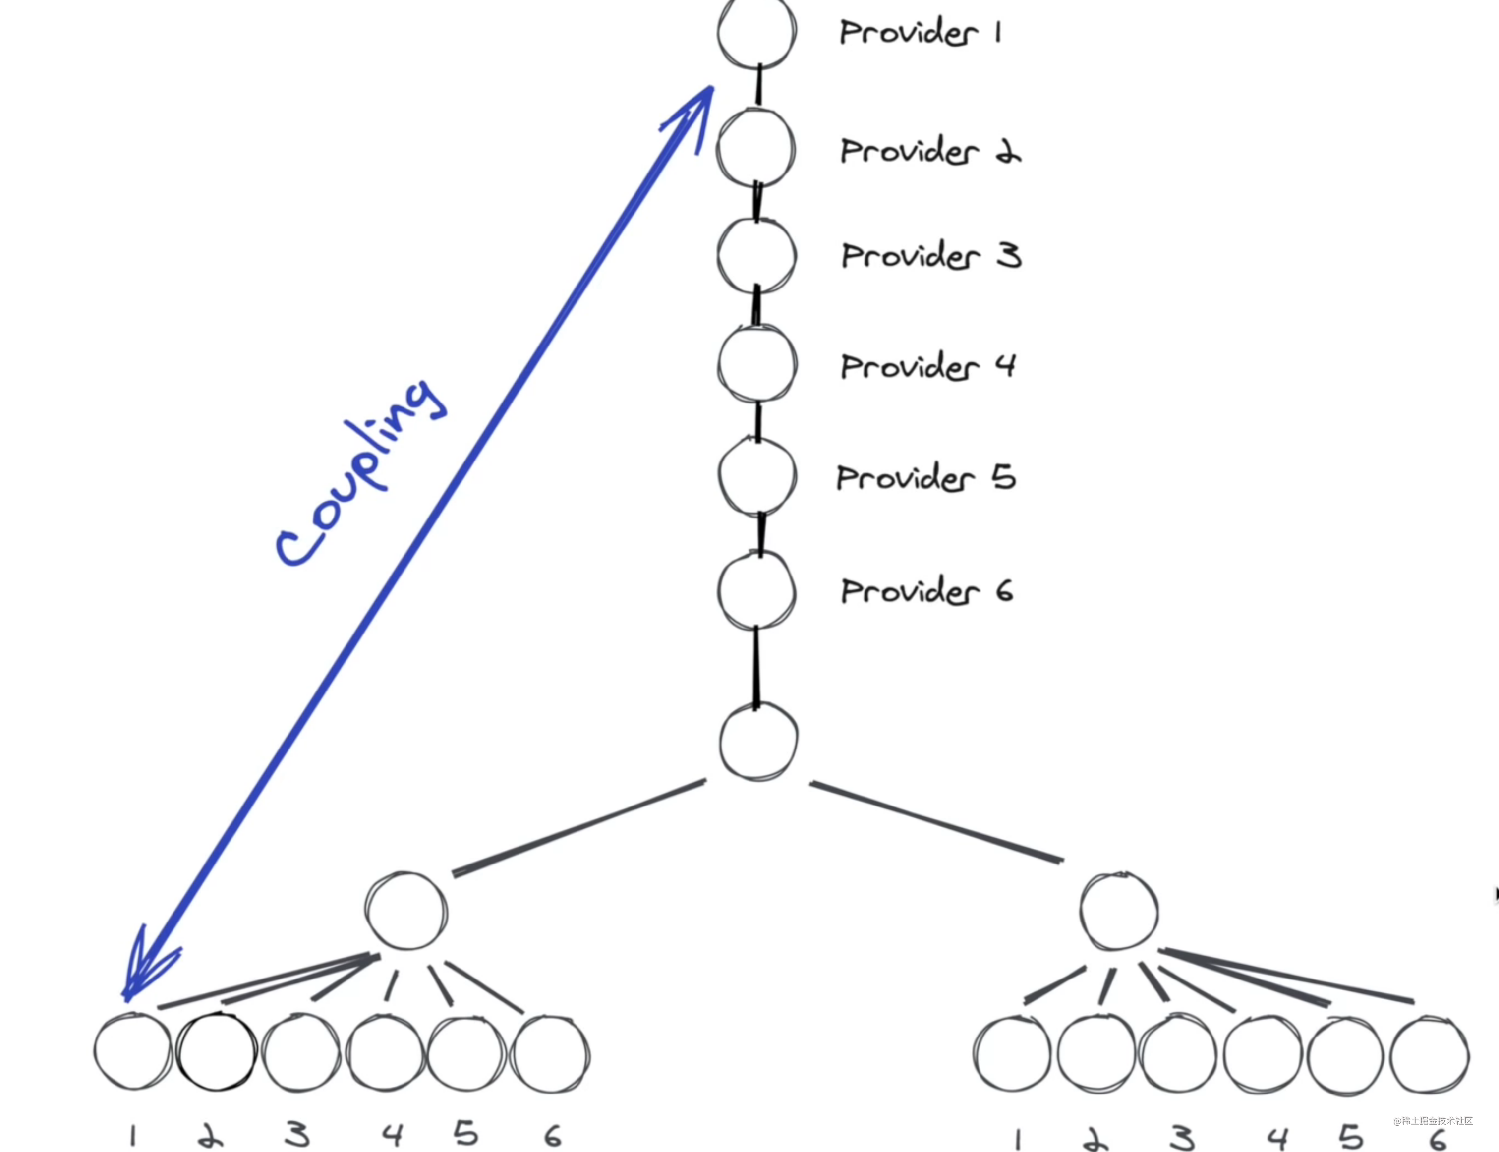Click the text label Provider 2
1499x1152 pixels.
coord(930,151)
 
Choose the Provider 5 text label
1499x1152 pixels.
coord(926,477)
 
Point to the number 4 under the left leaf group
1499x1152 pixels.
coord(392,1134)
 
